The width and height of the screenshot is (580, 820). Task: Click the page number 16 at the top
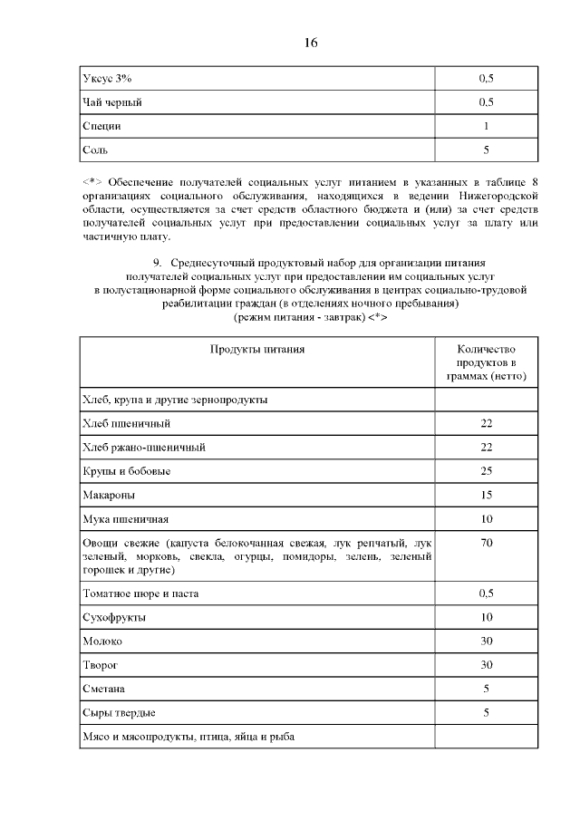click(311, 43)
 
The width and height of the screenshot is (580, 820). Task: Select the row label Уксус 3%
click(101, 79)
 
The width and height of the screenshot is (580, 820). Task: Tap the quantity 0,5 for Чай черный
click(486, 102)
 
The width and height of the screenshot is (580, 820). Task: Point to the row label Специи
click(101, 126)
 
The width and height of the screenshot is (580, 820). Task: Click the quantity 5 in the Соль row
click(486, 150)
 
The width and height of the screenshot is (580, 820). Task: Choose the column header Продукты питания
click(257, 348)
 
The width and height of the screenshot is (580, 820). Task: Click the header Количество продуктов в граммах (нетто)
click(486, 362)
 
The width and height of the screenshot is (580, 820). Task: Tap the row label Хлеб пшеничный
click(126, 423)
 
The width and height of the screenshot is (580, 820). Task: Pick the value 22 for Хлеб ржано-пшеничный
click(486, 447)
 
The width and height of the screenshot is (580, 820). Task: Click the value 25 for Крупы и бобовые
click(486, 471)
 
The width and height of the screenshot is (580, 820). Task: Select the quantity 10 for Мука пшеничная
click(486, 519)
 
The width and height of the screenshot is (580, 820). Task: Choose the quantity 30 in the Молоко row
click(486, 641)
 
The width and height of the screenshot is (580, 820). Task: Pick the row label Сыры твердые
click(118, 713)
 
